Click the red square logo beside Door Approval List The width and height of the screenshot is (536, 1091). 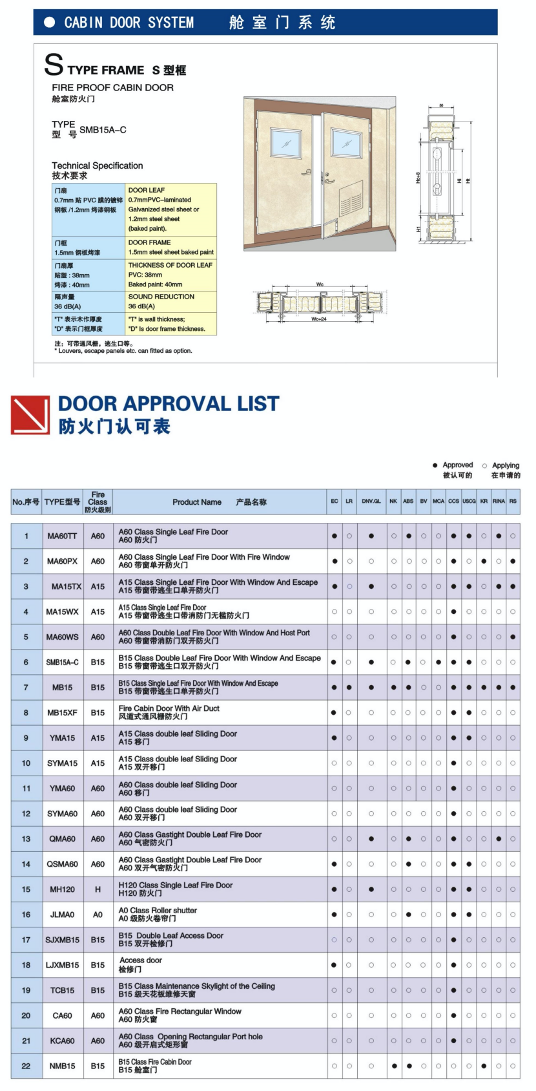(x=30, y=415)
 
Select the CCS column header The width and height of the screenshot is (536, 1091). (x=453, y=502)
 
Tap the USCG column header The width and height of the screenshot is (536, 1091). (x=469, y=502)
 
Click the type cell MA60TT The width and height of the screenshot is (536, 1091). (x=62, y=536)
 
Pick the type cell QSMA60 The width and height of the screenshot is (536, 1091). (x=62, y=864)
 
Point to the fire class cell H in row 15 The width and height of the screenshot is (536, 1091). (x=98, y=889)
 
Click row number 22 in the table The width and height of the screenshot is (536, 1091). (x=26, y=1066)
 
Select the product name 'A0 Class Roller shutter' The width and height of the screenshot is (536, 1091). (x=158, y=911)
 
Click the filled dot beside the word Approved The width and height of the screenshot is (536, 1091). (x=435, y=465)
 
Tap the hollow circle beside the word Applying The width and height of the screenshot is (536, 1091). (x=485, y=465)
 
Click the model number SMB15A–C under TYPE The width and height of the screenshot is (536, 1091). (x=103, y=130)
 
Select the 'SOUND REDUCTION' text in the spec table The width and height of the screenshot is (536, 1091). (x=161, y=297)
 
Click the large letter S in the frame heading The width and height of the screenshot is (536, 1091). (x=54, y=65)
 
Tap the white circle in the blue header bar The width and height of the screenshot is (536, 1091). (x=49, y=23)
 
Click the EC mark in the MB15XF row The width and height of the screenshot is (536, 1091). (x=334, y=713)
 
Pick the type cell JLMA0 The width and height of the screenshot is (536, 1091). (x=62, y=915)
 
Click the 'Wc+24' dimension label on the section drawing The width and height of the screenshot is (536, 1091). (x=319, y=319)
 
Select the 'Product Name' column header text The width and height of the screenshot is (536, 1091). (x=197, y=502)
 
